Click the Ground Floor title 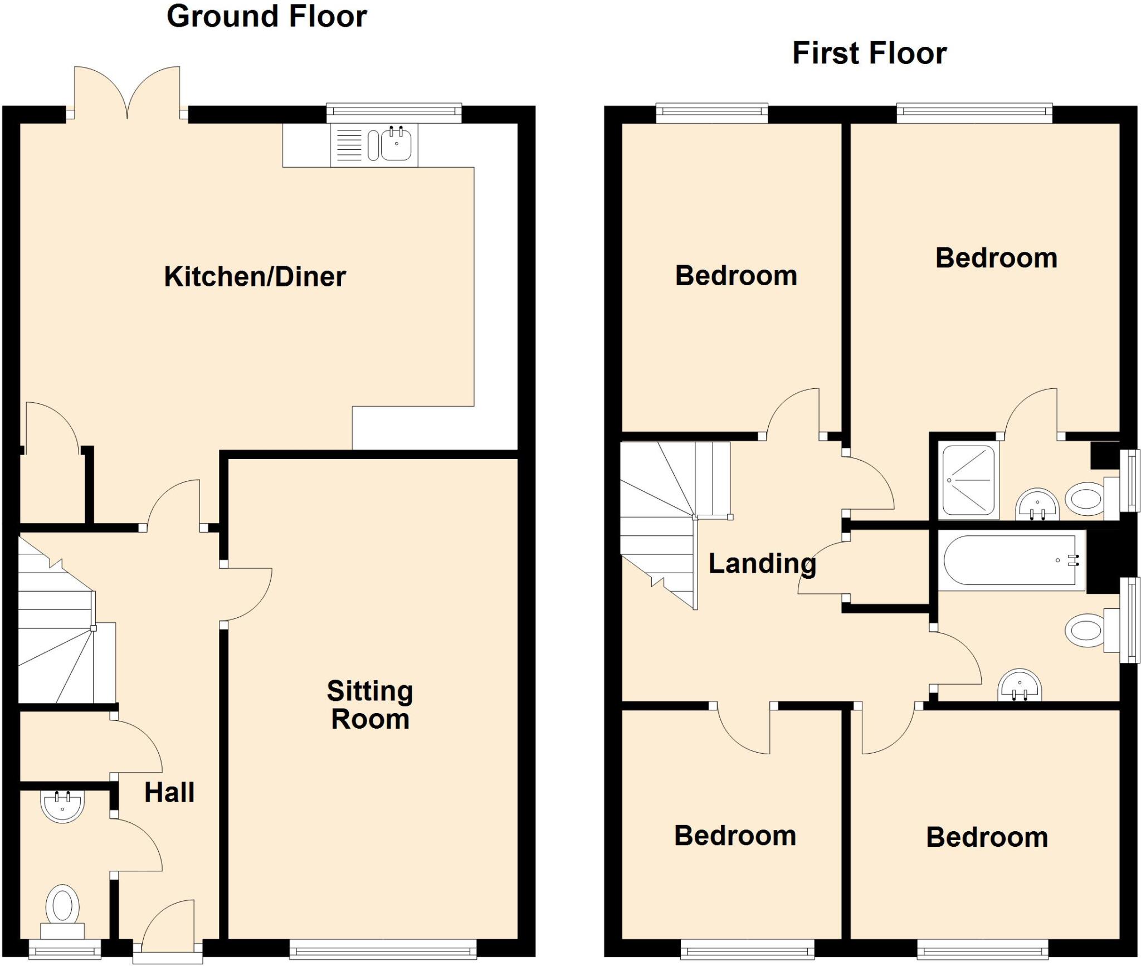[267, 17]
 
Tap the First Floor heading [869, 54]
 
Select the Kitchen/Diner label [255, 277]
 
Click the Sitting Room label [370, 705]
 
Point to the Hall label [169, 793]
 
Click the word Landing [762, 564]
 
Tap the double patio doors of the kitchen [128, 92]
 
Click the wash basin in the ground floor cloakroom [62, 806]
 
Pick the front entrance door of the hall [168, 928]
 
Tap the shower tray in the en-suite [968, 479]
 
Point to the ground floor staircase [61, 630]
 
